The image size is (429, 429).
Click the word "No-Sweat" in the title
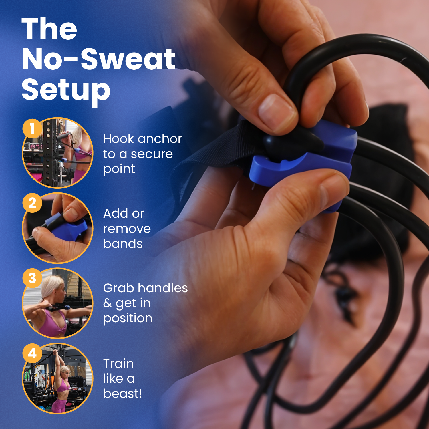pos(98,59)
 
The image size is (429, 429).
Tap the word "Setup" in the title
pos(66,90)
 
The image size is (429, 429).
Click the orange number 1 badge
pos(32,128)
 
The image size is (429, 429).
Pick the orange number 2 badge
pos(32,203)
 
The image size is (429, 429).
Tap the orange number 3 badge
pos(32,278)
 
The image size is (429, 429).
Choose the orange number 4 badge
pos(32,353)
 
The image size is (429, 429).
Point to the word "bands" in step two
pos(123,244)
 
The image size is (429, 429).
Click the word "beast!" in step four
pos(123,394)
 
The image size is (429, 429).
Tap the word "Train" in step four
pos(118,364)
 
